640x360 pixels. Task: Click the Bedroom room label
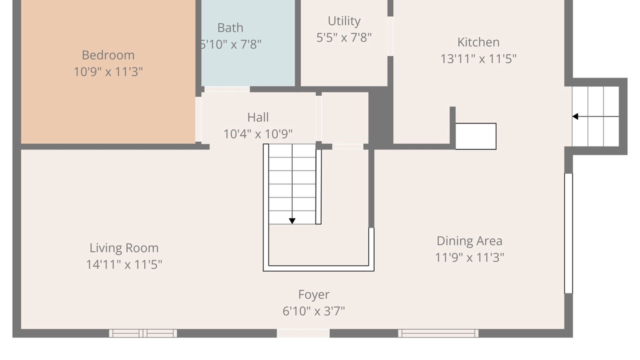click(x=108, y=55)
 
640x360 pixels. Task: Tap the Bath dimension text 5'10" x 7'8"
click(x=230, y=44)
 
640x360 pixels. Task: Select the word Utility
click(x=344, y=21)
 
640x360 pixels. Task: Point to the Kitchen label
click(x=478, y=42)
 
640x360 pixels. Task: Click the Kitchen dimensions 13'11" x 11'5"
click(x=478, y=59)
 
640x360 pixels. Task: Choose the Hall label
click(x=257, y=117)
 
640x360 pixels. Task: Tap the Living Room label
click(x=124, y=248)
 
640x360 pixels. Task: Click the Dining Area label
click(x=469, y=241)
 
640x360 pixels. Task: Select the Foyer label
click(x=313, y=294)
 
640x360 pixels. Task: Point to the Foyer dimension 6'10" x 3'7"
click(x=313, y=311)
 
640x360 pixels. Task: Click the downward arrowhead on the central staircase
click(x=292, y=221)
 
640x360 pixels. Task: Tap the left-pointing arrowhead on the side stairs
click(x=575, y=116)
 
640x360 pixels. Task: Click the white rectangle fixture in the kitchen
click(x=475, y=136)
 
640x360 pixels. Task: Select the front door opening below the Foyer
click(x=303, y=333)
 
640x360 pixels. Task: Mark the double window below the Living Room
click(x=143, y=333)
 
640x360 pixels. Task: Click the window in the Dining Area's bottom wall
click(x=438, y=333)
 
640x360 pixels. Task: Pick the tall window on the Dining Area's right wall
click(x=568, y=233)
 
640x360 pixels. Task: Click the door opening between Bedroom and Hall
click(x=198, y=119)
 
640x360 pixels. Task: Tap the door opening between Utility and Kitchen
click(x=390, y=36)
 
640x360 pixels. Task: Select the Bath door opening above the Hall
click(x=227, y=89)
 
